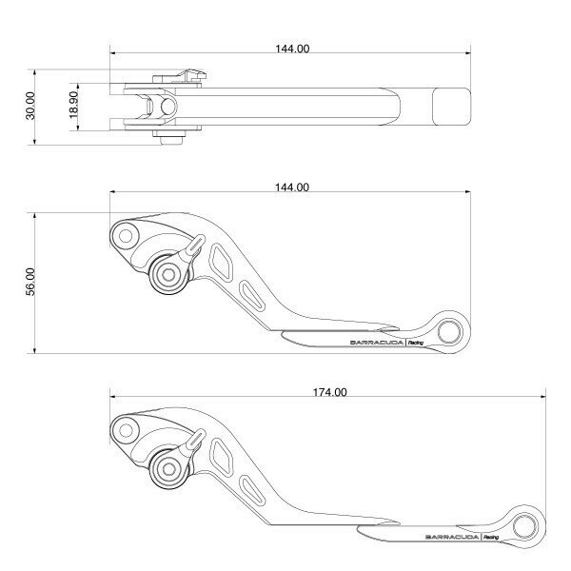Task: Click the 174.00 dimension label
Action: (x=330, y=392)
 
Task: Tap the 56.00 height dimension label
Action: (x=30, y=282)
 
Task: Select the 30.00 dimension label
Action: (x=30, y=106)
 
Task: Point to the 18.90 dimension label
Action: (x=73, y=105)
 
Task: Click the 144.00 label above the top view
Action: (x=292, y=49)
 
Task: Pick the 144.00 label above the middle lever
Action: (x=292, y=187)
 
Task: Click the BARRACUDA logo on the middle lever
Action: (x=377, y=343)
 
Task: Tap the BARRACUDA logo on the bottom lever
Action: (x=452, y=537)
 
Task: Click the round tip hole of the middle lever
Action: (x=449, y=332)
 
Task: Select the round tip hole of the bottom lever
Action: (x=524, y=526)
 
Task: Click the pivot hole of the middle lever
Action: (x=126, y=236)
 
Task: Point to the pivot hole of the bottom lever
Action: (x=126, y=430)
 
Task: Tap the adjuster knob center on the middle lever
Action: (x=168, y=275)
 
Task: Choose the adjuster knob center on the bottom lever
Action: (x=168, y=469)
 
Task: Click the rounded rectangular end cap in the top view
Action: (x=451, y=107)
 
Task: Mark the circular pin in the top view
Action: (x=167, y=107)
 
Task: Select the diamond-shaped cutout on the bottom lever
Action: (x=221, y=457)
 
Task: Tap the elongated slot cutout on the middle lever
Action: (x=251, y=295)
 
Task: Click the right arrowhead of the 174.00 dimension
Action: (x=543, y=397)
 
